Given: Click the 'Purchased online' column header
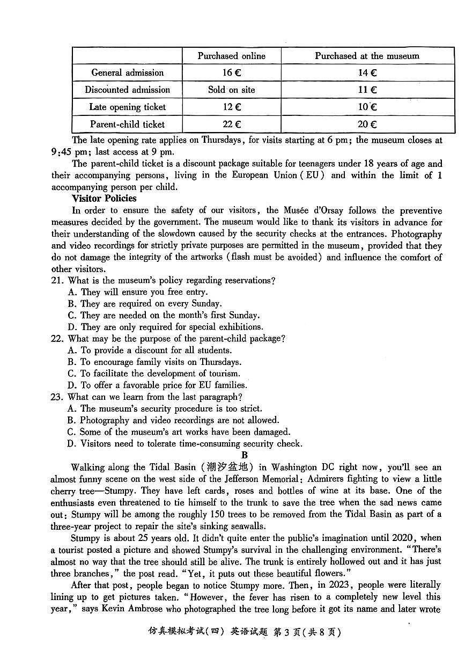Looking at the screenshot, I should (x=231, y=56).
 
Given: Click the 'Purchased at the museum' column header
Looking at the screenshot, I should (x=367, y=56).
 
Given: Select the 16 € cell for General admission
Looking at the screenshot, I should (x=231, y=73).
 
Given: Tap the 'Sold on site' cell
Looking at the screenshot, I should (x=231, y=90).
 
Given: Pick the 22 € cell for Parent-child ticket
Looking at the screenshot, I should (x=231, y=124).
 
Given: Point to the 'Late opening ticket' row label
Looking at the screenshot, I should (x=127, y=107).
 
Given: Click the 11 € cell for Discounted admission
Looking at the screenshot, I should (x=367, y=90).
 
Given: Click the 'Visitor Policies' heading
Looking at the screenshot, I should (x=104, y=199).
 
